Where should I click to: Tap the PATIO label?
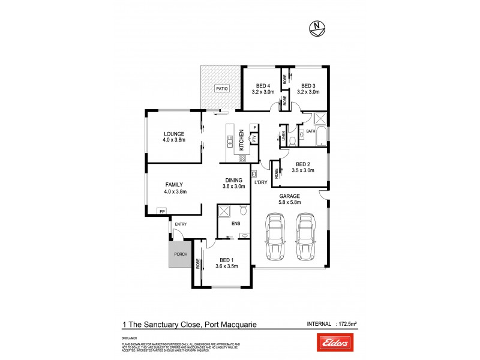tap(223, 89)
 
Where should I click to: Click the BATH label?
tap(311, 131)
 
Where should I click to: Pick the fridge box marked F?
tap(254, 128)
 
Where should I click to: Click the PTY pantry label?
tap(254, 139)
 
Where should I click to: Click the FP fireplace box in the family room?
tap(161, 211)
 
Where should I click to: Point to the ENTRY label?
tap(181, 224)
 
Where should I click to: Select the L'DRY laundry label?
tap(260, 182)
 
